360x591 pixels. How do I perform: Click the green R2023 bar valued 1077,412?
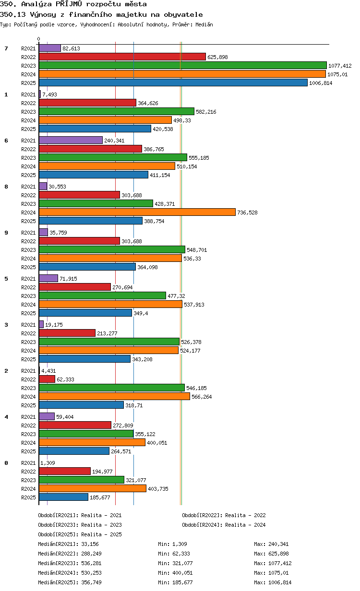click(182, 65)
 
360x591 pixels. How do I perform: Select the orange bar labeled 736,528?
click(137, 212)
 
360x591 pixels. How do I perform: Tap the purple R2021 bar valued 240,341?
click(71, 140)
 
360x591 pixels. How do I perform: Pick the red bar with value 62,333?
click(47, 379)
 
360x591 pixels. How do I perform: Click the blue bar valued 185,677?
click(64, 497)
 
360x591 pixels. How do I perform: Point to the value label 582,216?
click(206, 112)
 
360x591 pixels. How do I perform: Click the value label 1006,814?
click(321, 83)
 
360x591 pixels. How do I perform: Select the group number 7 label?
click(6, 48)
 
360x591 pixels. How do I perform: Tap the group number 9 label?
click(6, 233)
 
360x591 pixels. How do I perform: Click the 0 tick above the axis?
click(39, 39)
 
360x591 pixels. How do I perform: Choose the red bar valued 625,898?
click(122, 57)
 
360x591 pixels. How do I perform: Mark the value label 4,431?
click(48, 371)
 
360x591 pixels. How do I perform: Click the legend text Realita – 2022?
click(245, 515)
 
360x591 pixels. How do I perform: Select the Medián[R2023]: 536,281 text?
click(70, 563)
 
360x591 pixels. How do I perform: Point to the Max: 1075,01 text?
click(271, 573)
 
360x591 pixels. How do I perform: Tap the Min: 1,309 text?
click(172, 544)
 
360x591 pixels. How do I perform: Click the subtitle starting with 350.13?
click(101, 14)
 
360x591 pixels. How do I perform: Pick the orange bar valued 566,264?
click(115, 396)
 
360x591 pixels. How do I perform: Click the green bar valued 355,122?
click(86, 434)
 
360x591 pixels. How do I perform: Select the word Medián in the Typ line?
click(204, 24)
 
